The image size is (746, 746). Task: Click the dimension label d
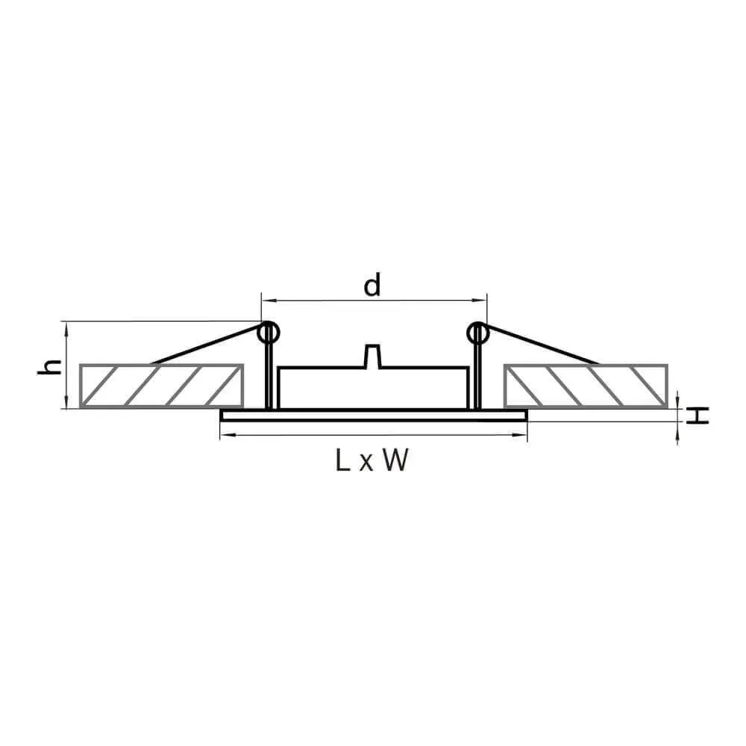coord(372,284)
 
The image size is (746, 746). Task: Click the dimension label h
coord(50,367)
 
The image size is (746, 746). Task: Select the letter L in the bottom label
coord(342,460)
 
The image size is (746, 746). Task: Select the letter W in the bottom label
coord(395,460)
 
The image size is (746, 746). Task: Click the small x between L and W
coord(366,463)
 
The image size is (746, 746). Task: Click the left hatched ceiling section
coord(161,386)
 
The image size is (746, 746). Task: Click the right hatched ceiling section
coord(586,386)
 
